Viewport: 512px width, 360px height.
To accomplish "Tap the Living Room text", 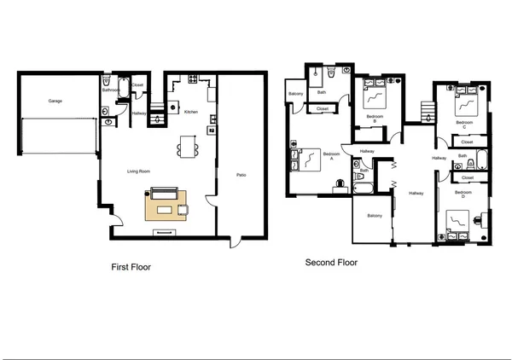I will (x=139, y=171).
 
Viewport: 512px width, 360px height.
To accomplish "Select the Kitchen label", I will (x=191, y=112).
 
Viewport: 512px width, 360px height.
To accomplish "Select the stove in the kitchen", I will (x=193, y=80).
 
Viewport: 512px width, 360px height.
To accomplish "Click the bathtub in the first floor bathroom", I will (x=123, y=88).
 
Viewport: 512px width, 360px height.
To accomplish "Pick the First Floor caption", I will (x=131, y=267).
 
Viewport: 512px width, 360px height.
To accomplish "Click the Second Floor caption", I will (x=331, y=263).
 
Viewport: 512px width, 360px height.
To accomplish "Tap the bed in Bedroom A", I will (x=306, y=159).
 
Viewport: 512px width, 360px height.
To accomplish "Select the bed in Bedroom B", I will (x=374, y=91).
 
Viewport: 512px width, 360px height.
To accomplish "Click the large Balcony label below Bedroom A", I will (x=374, y=216).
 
